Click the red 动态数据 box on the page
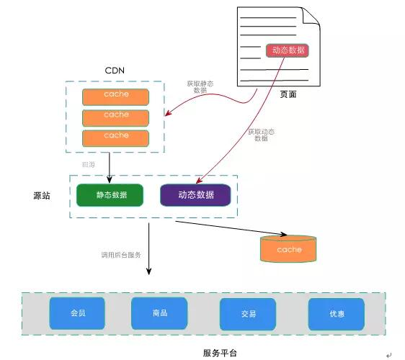[287, 50]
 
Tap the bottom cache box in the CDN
[116, 137]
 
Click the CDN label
[116, 71]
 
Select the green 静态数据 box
[110, 195]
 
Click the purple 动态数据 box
[195, 195]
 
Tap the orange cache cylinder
[288, 249]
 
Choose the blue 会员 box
[77, 313]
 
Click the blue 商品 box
[159, 313]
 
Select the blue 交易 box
[248, 314]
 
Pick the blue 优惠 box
[336, 314]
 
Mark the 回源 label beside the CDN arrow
[89, 164]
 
